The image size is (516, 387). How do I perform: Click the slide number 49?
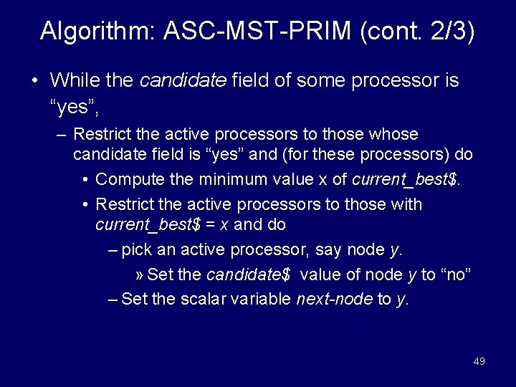[x=479, y=361]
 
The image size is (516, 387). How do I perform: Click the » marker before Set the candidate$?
[x=139, y=275]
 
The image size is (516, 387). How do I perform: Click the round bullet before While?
[x=34, y=80]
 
